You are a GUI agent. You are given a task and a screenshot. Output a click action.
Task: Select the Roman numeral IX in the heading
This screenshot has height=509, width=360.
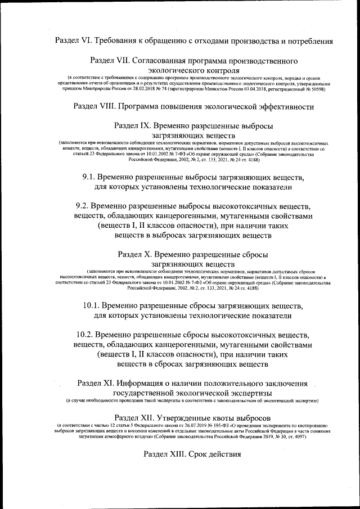145,126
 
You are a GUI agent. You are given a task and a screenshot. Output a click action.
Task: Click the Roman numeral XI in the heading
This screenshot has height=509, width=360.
109,383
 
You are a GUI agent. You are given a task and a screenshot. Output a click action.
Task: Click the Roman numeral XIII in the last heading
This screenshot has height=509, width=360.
176,454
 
